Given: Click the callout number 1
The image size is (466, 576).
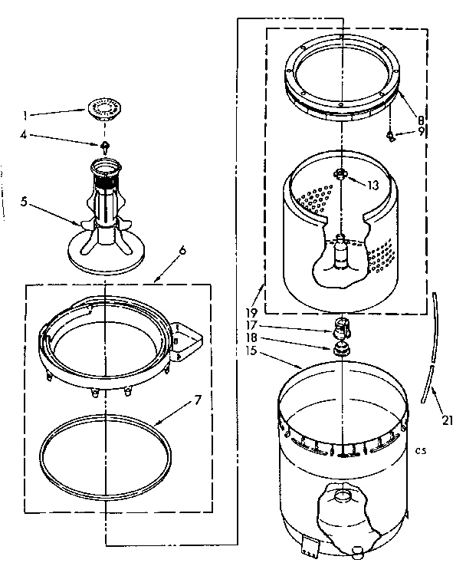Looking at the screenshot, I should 25,116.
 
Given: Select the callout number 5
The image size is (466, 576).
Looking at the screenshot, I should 24,203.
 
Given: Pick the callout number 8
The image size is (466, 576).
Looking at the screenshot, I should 421,119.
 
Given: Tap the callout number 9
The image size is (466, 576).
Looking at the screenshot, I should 421,132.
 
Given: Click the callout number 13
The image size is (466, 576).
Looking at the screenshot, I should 373,185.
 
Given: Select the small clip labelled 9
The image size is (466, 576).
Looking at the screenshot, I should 393,135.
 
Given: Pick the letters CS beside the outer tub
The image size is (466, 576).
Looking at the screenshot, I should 421,449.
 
